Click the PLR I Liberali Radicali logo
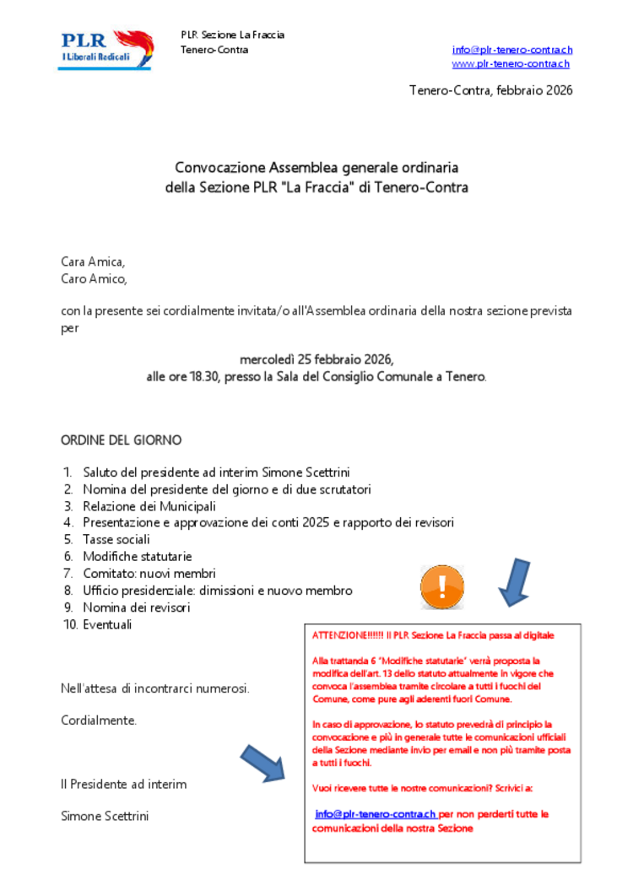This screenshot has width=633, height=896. coord(105,49)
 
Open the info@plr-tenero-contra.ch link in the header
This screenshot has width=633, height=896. coord(511,50)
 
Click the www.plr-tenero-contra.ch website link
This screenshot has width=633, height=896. coord(510,63)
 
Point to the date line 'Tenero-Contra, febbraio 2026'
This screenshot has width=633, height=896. coord(490,90)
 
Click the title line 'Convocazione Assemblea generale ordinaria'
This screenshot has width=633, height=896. coord(316,167)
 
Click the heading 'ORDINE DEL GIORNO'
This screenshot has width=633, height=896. coord(121,440)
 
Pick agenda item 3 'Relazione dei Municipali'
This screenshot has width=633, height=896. coord(149,506)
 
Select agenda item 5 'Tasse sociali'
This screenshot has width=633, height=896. coord(116,539)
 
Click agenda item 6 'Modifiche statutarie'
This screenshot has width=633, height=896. coord(137,556)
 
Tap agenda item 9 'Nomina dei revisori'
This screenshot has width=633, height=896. coord(136,607)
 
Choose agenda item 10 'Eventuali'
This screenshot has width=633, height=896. coord(107,624)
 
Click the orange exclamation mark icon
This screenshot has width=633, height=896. coord(442,586)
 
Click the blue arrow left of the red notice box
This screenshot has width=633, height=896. coord(265,763)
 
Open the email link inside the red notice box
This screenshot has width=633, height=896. coord(376,814)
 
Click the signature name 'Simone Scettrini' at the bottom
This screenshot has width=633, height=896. coord(105,816)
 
